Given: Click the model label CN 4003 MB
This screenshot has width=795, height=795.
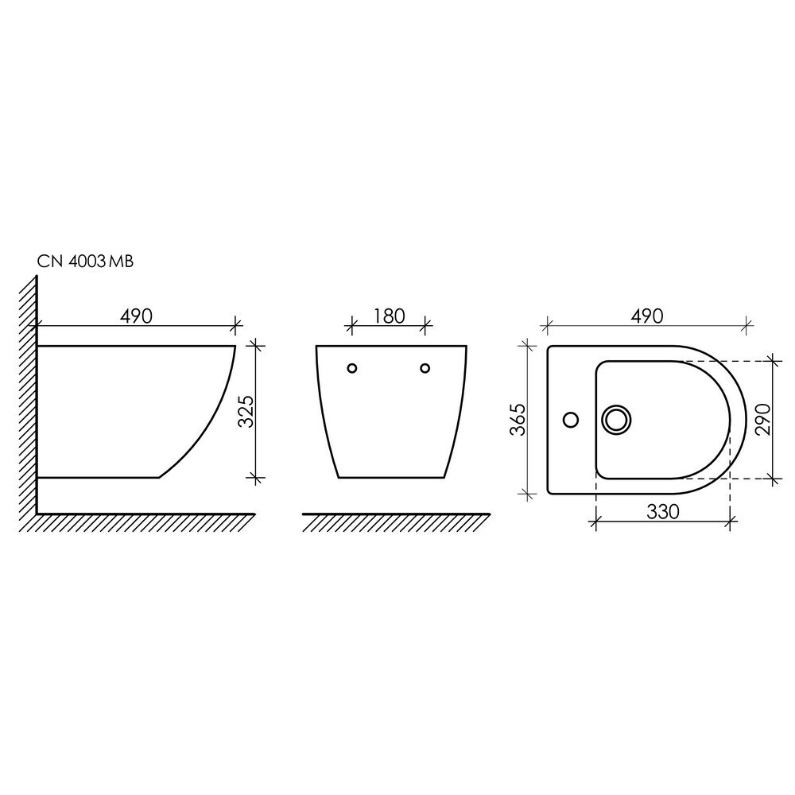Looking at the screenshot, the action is tap(85, 262).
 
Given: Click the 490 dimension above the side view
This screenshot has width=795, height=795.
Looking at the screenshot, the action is tap(137, 316).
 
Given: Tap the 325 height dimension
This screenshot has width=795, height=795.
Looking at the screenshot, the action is tap(246, 412).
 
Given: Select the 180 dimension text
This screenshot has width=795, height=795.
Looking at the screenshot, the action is tap(390, 316).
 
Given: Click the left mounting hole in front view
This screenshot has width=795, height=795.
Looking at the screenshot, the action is tap(352, 368).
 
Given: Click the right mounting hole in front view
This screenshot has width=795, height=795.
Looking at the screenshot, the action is tap(425, 368).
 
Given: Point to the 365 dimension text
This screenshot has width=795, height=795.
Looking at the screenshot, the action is tap(518, 420).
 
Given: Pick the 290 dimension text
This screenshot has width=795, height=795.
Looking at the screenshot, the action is tap(763, 419).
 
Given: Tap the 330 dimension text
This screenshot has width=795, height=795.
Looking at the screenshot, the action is tap(663, 512).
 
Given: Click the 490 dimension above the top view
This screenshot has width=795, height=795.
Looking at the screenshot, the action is tap(647, 316).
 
